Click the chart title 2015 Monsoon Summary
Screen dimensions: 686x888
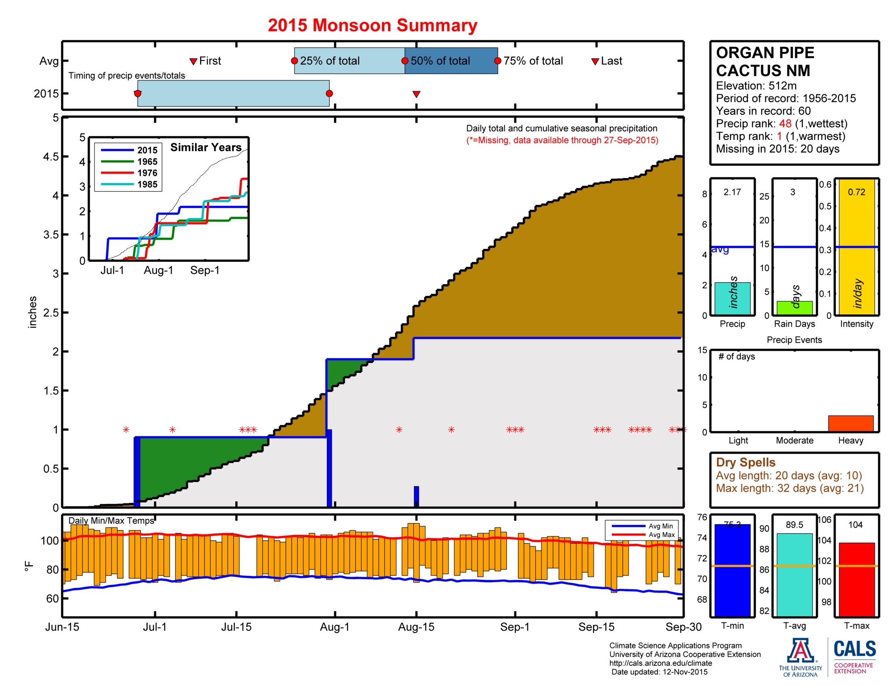(372, 25)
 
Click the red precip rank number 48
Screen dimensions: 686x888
(785, 123)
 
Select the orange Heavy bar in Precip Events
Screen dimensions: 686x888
(850, 423)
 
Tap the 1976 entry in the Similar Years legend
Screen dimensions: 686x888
(147, 173)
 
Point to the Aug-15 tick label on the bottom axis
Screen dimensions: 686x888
(416, 627)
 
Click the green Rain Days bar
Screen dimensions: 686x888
(794, 308)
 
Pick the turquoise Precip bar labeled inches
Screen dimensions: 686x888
(732, 299)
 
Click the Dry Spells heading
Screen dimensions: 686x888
(745, 462)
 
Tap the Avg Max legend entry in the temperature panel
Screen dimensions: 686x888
(661, 535)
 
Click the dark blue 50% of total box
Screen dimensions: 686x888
(451, 61)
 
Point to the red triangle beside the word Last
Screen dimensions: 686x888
(595, 61)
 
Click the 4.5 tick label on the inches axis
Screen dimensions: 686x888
(50, 157)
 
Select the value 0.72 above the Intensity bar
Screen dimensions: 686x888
(856, 192)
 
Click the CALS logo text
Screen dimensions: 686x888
(854, 648)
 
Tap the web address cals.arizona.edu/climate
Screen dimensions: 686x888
(660, 663)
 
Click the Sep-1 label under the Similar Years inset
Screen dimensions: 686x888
(205, 270)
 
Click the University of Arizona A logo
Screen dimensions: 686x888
(800, 650)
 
